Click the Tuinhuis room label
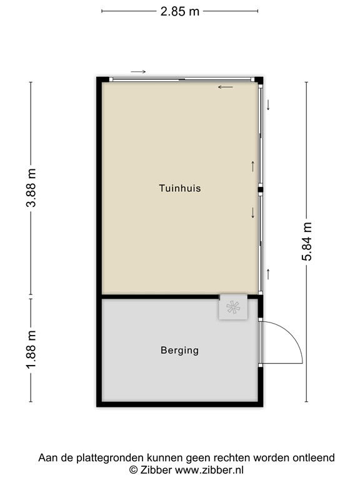click(x=179, y=187)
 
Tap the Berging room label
click(x=179, y=351)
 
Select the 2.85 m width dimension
click(x=179, y=11)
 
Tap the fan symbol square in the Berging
click(x=232, y=308)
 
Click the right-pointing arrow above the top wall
click(x=138, y=71)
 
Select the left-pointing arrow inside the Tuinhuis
click(x=225, y=87)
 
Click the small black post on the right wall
click(x=261, y=189)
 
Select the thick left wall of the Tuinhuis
click(x=99, y=187)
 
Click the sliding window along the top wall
click(x=181, y=79)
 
